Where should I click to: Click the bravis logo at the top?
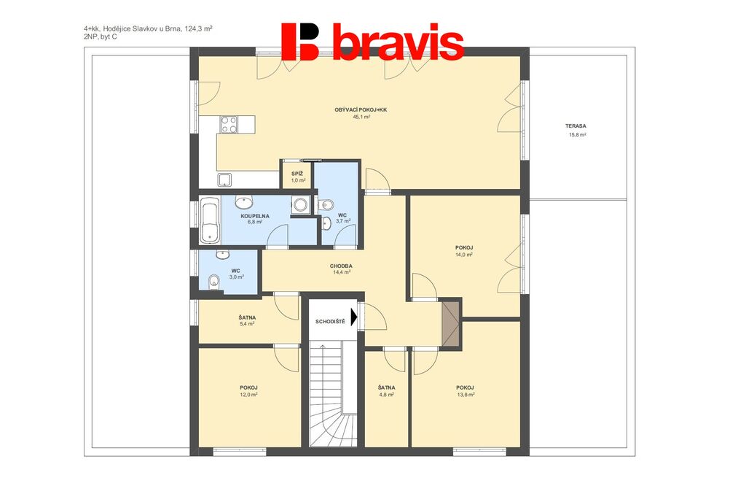point(372,42)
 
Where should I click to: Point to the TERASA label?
point(576,126)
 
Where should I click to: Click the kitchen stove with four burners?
point(228,124)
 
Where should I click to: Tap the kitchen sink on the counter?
point(224,180)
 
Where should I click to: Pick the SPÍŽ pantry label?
point(297,174)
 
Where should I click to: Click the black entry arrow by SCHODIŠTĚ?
point(354,317)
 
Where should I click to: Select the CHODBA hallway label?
point(341,266)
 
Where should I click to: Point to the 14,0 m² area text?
point(464,255)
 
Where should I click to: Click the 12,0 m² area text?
point(249,395)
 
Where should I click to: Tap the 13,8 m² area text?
point(466,395)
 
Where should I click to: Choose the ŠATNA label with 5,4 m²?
point(248,317)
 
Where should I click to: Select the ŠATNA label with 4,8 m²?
point(386,387)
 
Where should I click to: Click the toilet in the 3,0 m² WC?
point(214,281)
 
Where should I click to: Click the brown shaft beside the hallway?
point(450,323)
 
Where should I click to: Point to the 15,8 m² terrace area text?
point(578,135)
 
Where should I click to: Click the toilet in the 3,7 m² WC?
point(327,205)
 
